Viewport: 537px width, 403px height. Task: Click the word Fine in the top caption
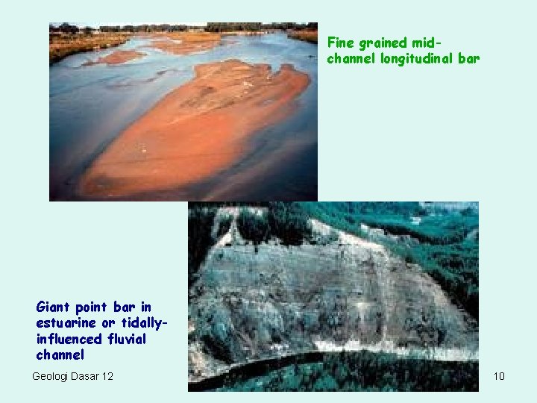(340, 43)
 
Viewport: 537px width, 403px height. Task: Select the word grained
(381, 43)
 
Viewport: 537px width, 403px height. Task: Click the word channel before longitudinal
(351, 58)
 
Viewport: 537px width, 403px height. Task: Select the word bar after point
(125, 307)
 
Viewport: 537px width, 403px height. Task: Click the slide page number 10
(499, 375)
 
